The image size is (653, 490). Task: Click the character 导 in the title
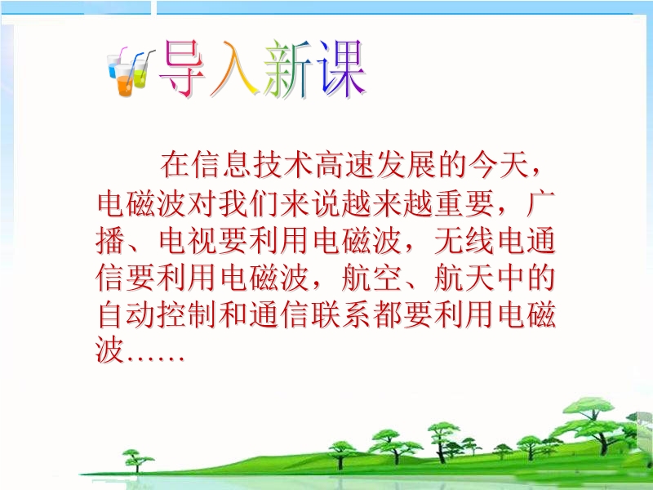182,69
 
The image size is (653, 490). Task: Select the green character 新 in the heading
288,69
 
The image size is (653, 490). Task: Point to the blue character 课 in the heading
341,69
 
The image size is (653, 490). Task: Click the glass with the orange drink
125,81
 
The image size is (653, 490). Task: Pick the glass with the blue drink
113,66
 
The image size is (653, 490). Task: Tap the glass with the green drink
140,73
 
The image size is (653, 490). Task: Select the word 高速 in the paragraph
344,166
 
